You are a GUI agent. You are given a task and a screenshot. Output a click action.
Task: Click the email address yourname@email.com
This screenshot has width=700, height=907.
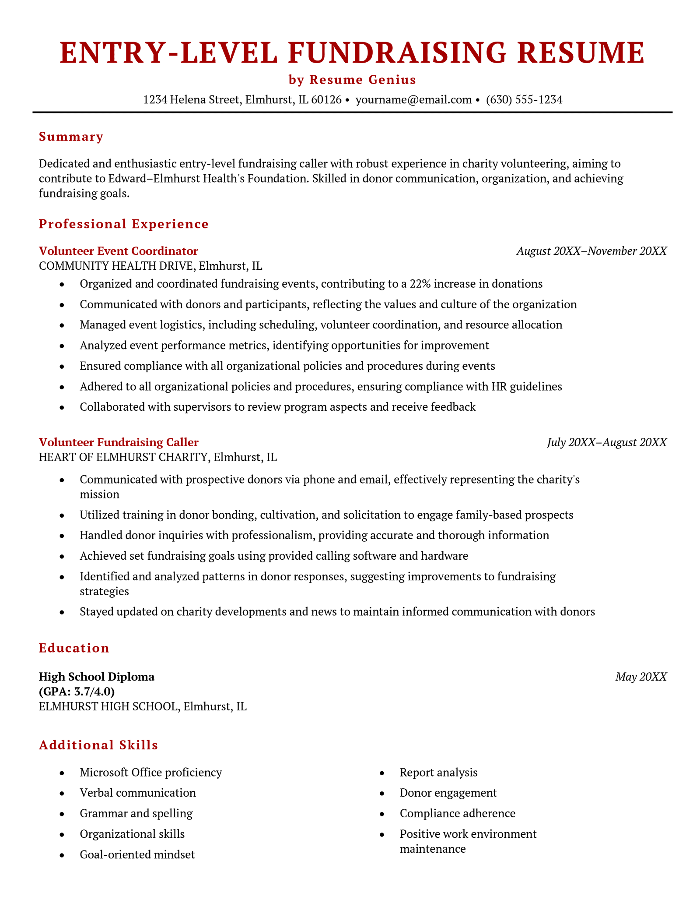pyautogui.click(x=413, y=100)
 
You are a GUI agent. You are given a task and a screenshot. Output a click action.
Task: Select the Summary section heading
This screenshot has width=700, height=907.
pyautogui.click(x=71, y=137)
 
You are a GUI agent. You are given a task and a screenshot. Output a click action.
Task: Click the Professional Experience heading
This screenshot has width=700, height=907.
pyautogui.click(x=124, y=224)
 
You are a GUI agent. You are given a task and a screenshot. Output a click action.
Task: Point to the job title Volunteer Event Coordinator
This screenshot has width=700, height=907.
pyautogui.click(x=118, y=251)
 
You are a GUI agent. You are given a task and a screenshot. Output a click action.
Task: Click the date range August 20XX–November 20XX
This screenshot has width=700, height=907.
pyautogui.click(x=591, y=251)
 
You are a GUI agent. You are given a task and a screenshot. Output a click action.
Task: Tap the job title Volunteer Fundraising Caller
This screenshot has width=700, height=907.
pyautogui.click(x=118, y=442)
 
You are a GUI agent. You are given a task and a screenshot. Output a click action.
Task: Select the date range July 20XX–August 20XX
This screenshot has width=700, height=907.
pyautogui.click(x=607, y=442)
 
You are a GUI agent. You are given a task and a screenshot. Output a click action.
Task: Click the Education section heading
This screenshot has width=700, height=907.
pyautogui.click(x=74, y=648)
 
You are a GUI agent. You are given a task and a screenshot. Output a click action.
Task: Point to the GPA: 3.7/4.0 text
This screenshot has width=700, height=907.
pyautogui.click(x=77, y=692)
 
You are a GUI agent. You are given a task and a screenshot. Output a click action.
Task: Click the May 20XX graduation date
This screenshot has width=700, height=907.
pyautogui.click(x=641, y=677)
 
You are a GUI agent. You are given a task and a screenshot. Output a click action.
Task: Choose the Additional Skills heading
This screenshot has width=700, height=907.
pyautogui.click(x=98, y=745)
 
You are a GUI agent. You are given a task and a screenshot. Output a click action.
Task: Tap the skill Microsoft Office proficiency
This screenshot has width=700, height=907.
pyautogui.click(x=150, y=772)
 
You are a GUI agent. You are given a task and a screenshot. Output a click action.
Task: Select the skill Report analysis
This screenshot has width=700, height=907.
pyautogui.click(x=438, y=772)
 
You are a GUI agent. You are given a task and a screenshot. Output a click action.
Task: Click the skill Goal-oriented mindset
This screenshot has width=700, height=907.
pyautogui.click(x=137, y=854)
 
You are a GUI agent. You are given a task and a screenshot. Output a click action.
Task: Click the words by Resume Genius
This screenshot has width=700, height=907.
pyautogui.click(x=352, y=80)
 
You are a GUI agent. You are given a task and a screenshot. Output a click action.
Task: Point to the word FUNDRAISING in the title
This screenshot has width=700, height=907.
pyautogui.click(x=397, y=53)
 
